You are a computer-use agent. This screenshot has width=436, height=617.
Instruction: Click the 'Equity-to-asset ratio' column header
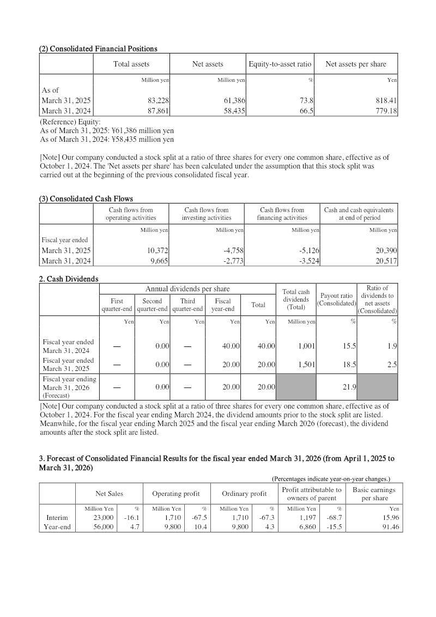[x=280, y=64]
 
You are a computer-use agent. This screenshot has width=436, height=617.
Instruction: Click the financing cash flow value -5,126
[x=308, y=250]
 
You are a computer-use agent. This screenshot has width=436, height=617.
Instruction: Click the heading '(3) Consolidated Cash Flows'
[x=86, y=199]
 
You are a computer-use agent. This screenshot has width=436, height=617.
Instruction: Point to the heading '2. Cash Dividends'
[x=69, y=279]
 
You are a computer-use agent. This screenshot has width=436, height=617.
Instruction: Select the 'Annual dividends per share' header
[x=187, y=289]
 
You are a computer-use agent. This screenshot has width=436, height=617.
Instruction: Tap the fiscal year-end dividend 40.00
[x=232, y=346]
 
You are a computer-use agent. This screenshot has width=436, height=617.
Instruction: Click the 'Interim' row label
[x=57, y=517]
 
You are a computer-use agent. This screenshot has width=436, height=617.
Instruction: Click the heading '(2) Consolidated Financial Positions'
[x=98, y=49]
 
